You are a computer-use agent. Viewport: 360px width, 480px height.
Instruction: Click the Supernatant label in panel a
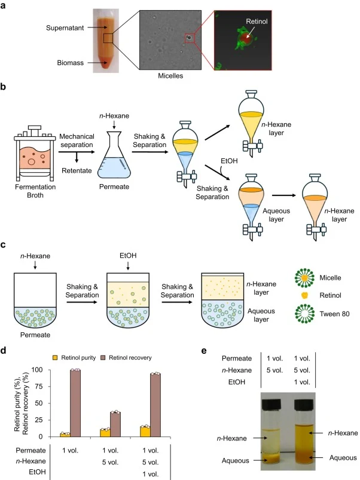click(65, 28)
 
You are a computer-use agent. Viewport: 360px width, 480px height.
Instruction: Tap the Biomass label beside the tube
click(70, 63)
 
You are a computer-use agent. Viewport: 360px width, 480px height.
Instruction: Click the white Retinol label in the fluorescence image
click(257, 22)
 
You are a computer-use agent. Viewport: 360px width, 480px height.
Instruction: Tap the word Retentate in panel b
click(77, 170)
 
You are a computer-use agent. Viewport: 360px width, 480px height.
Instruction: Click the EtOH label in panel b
click(229, 161)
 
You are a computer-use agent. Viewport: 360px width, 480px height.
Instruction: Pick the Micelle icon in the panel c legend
click(304, 277)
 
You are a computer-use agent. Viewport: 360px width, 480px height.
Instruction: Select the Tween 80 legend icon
click(304, 314)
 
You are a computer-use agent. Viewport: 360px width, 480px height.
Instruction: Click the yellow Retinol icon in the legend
click(304, 295)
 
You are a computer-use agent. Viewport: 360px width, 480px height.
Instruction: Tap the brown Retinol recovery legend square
click(103, 357)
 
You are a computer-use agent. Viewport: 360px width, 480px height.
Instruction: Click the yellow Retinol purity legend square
click(55, 357)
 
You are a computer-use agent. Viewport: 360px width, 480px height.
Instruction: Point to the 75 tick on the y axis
click(39, 386)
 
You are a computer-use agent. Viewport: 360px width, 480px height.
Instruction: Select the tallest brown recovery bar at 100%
click(75, 403)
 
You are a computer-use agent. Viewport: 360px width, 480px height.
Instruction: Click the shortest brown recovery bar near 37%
click(115, 424)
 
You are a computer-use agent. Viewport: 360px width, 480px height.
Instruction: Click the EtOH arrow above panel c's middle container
click(128, 265)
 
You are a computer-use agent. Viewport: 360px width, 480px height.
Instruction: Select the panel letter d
click(3, 350)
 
